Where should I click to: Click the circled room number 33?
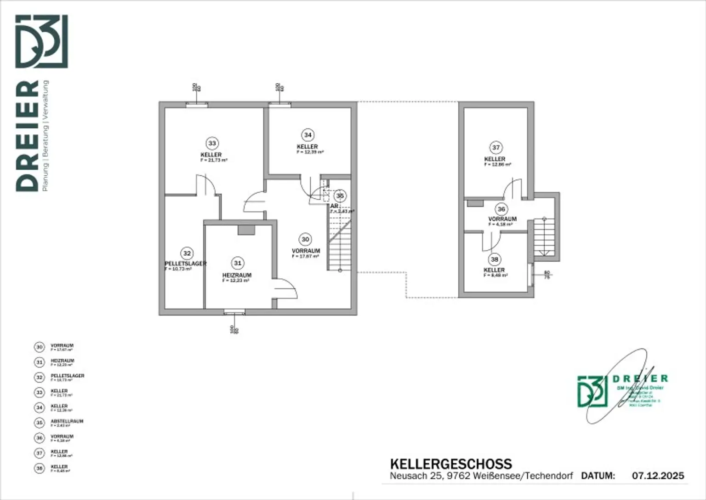click(212, 144)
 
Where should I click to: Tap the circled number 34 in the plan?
click(307, 135)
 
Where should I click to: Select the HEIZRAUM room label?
click(237, 275)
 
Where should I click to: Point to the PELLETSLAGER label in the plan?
click(185, 264)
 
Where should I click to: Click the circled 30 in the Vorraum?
click(305, 239)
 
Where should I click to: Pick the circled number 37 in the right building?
click(495, 148)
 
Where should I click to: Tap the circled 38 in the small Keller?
click(495, 259)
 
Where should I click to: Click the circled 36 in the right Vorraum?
click(501, 209)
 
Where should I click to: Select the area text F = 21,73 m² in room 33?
click(214, 161)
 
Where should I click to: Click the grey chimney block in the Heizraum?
click(246, 230)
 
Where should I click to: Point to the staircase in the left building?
click(340, 244)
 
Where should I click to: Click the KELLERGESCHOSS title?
click(450, 464)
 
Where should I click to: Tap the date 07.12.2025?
click(658, 476)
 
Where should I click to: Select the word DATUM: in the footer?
click(598, 476)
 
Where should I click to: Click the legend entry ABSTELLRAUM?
click(67, 421)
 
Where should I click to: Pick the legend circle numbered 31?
click(40, 362)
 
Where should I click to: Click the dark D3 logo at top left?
click(42, 41)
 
